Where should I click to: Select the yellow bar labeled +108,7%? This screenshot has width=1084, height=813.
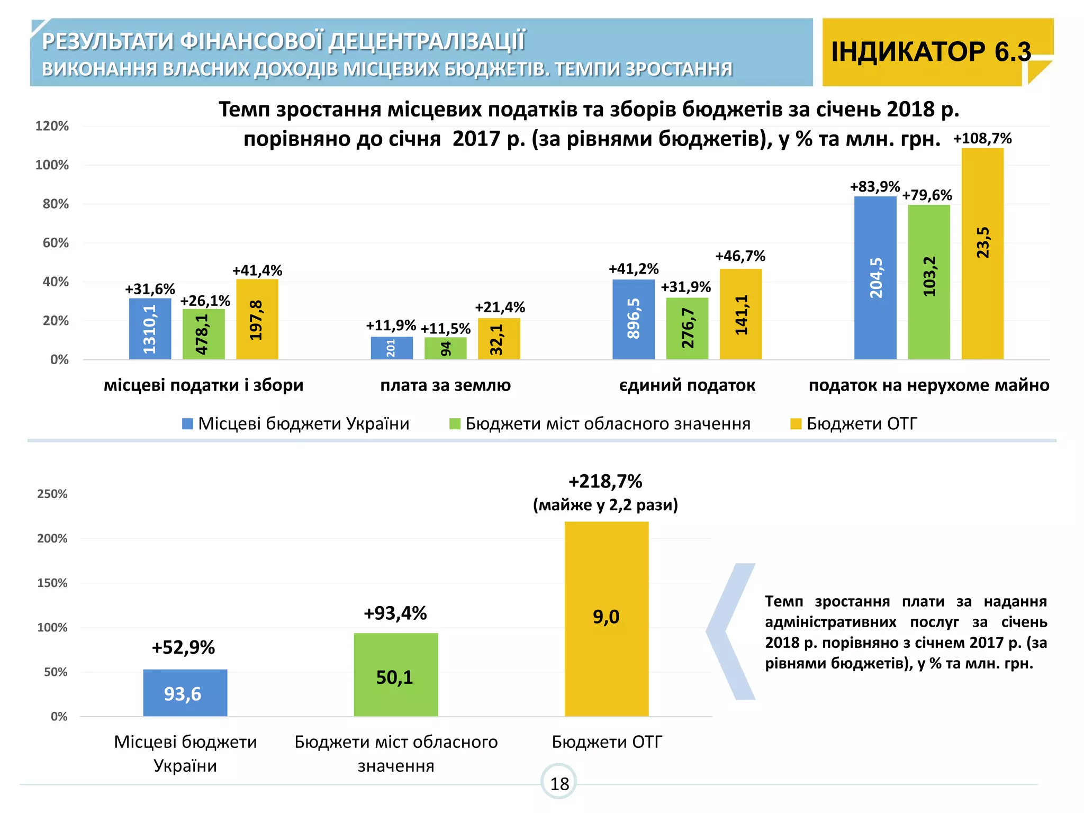tap(982, 254)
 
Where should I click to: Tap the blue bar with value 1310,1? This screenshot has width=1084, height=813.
tap(150, 329)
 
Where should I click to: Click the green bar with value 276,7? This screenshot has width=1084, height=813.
tap(687, 329)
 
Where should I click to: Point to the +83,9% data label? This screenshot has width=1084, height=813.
tap(874, 187)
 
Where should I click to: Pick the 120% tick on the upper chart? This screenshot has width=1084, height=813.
tap(52, 126)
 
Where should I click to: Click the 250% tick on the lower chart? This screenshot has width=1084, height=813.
tap(52, 494)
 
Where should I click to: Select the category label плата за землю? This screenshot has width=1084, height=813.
tap(445, 385)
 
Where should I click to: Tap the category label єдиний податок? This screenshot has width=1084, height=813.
tap(687, 385)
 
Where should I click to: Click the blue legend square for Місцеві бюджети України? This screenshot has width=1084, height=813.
tap(187, 424)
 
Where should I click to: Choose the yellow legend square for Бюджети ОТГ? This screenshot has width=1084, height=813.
tap(796, 424)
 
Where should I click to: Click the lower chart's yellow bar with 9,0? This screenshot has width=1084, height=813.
tap(607, 619)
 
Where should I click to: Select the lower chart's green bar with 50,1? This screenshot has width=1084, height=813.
tap(396, 675)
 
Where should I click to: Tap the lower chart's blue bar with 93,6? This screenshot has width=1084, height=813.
tap(185, 693)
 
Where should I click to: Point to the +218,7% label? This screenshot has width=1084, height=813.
tap(605, 482)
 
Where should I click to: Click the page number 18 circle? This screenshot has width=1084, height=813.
tap(559, 783)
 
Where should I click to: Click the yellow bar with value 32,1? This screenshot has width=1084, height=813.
tap(499, 339)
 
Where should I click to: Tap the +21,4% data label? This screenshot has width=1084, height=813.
tap(500, 308)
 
